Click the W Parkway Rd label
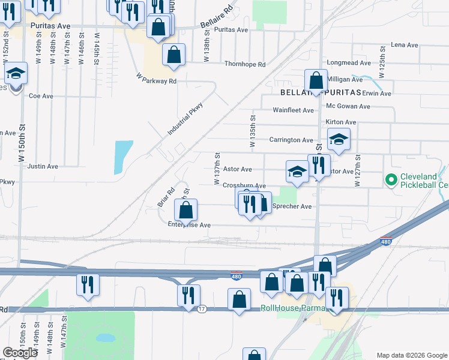[x=156, y=79]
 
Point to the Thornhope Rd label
[x=245, y=64]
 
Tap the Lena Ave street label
[x=404, y=45]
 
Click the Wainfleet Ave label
[x=294, y=110]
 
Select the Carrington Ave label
[x=291, y=140]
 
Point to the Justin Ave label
[x=43, y=166]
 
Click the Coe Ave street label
[x=41, y=96]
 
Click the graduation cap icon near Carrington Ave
[x=339, y=140]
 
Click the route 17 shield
[x=202, y=308]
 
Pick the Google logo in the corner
[x=20, y=353]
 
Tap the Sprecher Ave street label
[x=292, y=206]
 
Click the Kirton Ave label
[x=341, y=122]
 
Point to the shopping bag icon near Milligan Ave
[x=316, y=80]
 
